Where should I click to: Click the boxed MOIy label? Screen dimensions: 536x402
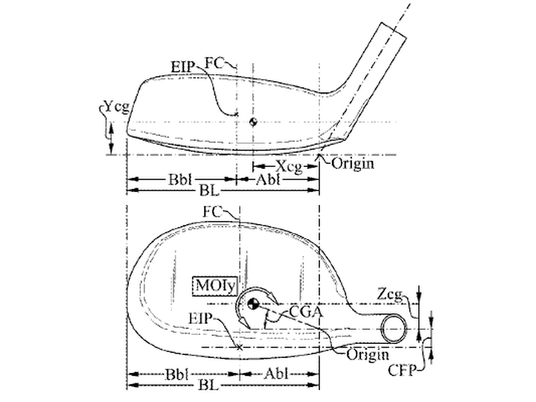pyautogui.click(x=215, y=286)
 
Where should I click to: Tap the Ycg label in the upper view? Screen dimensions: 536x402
pyautogui.click(x=117, y=107)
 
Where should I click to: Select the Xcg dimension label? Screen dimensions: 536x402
pyautogui.click(x=289, y=167)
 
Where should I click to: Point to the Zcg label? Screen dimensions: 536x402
pyautogui.click(x=390, y=295)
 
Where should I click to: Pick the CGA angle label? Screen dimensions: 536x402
pyautogui.click(x=306, y=311)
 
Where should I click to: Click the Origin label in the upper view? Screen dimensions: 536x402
pyautogui.click(x=353, y=164)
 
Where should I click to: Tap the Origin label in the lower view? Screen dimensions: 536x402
pyautogui.click(x=368, y=354)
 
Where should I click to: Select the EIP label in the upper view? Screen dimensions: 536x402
pyautogui.click(x=182, y=67)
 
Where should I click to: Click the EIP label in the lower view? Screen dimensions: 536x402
pyautogui.click(x=201, y=319)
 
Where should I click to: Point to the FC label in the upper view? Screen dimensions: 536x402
pyautogui.click(x=214, y=63)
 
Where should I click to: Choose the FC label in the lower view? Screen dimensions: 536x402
pyautogui.click(x=212, y=211)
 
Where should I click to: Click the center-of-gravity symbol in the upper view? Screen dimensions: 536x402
pyautogui.click(x=253, y=121)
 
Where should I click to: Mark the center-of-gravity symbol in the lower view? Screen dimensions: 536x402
pyautogui.click(x=254, y=304)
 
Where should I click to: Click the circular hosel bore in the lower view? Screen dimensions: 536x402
pyautogui.click(x=394, y=328)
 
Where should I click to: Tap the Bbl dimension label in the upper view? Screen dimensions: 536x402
pyautogui.click(x=180, y=179)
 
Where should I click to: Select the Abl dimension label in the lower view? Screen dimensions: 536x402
pyautogui.click(x=276, y=374)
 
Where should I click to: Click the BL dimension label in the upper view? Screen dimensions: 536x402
pyautogui.click(x=209, y=191)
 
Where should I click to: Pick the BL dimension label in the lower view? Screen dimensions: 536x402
pyautogui.click(x=208, y=386)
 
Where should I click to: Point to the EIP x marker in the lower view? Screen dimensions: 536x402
pyautogui.click(x=240, y=348)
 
